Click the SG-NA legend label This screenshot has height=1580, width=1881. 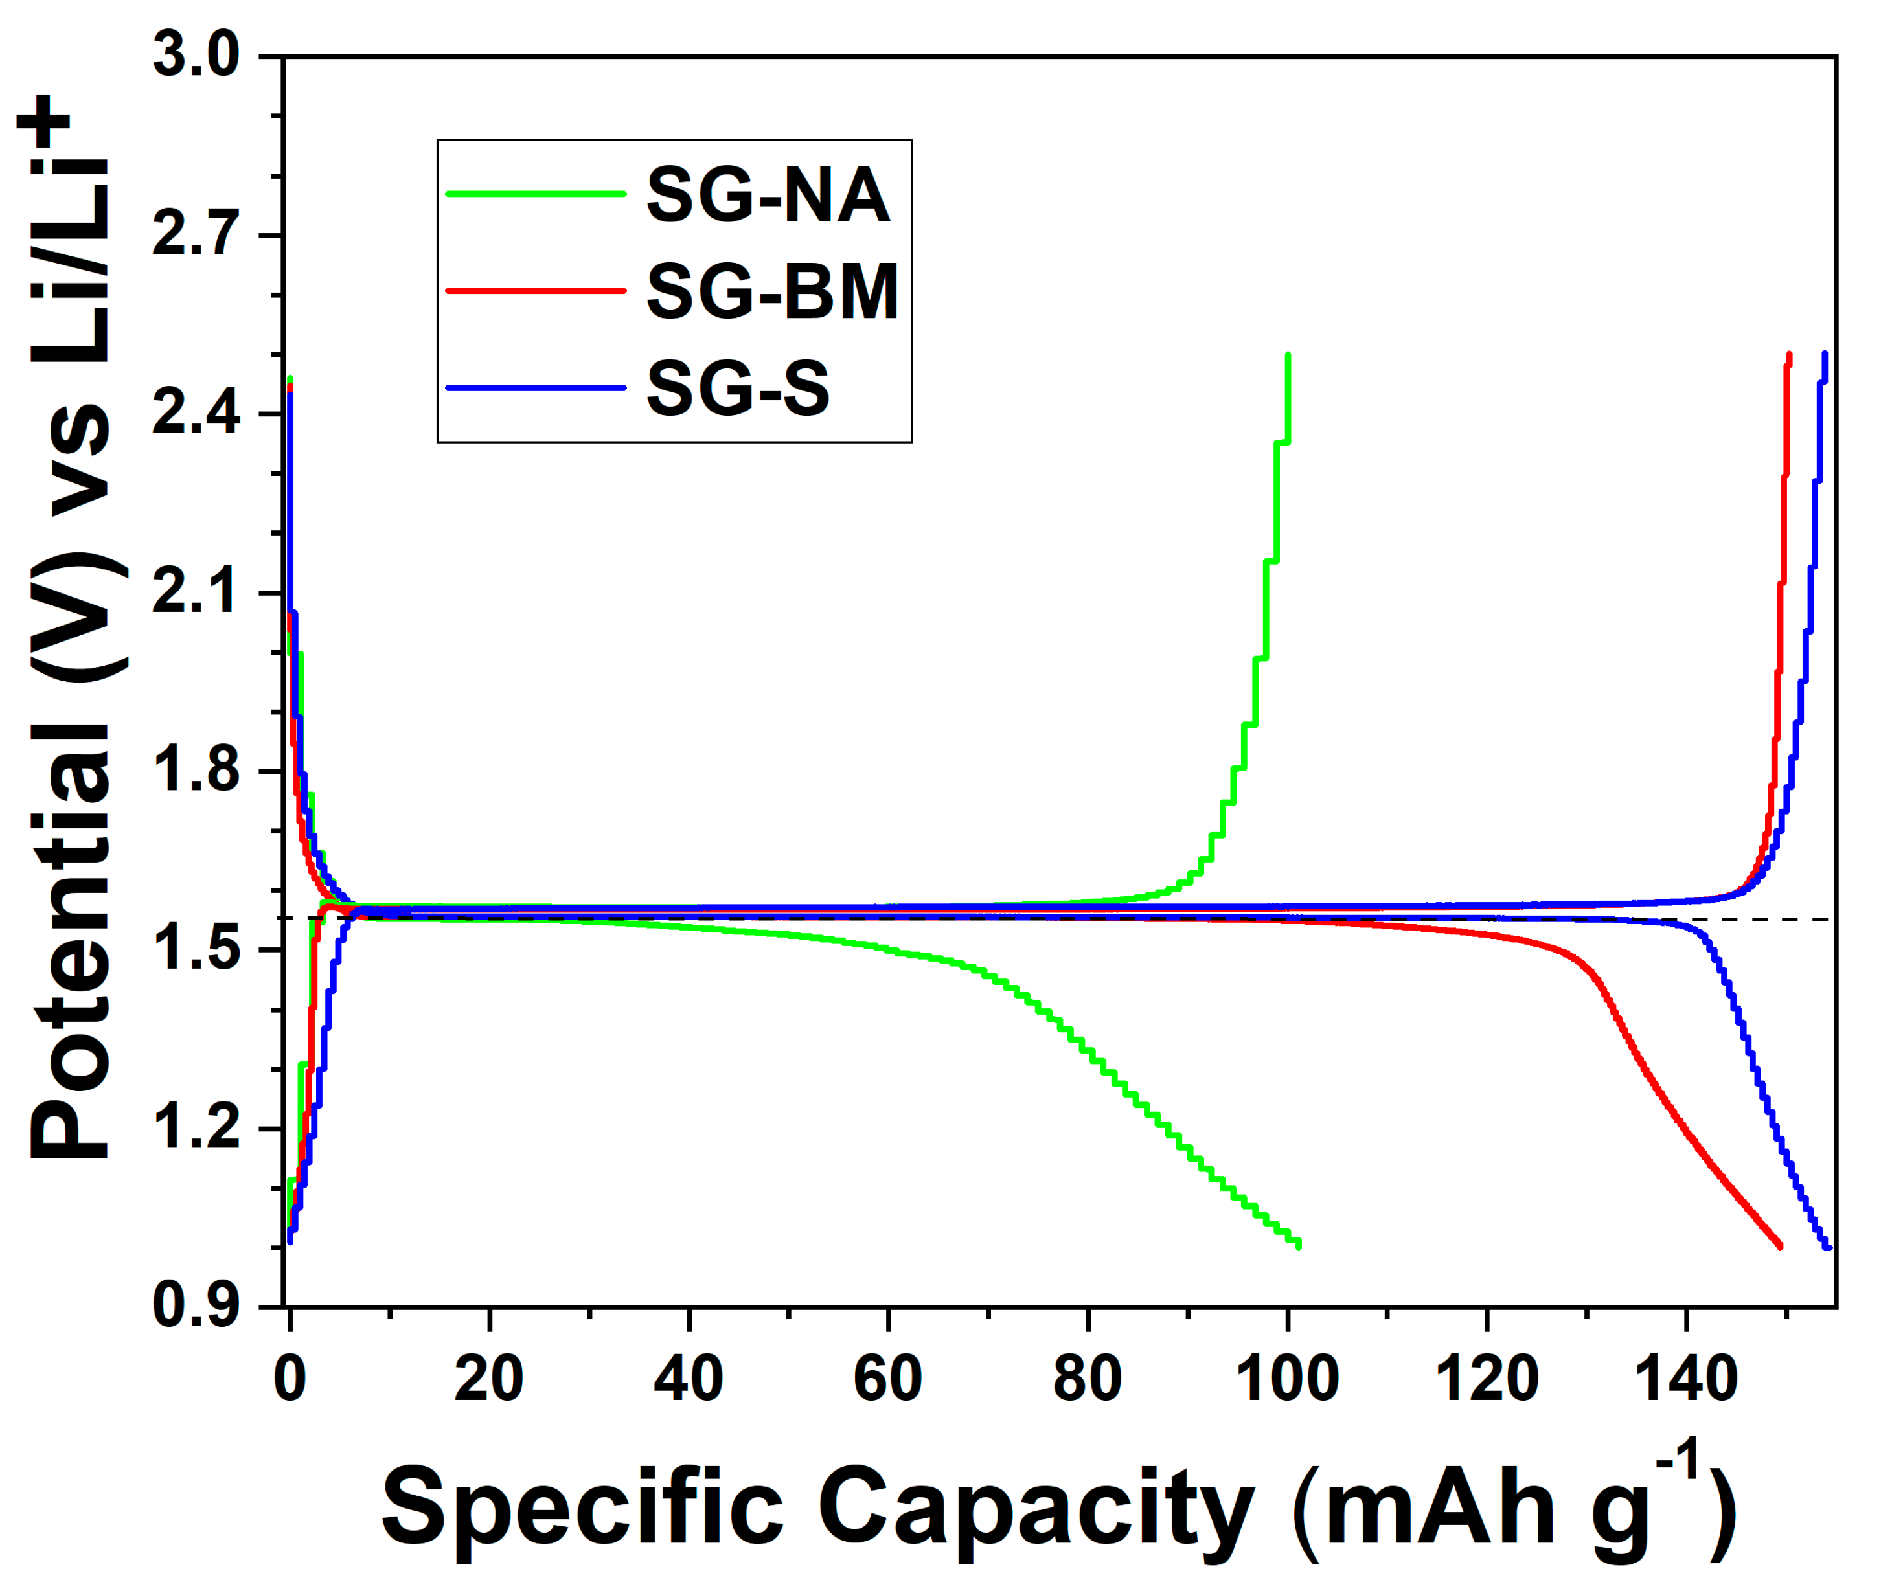(768, 196)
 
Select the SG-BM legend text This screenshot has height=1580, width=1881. (772, 292)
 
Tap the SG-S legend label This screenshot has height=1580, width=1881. (738, 388)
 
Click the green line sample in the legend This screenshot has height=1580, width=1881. (535, 194)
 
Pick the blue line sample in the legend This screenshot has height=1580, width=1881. (535, 388)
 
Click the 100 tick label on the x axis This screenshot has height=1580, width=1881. (1287, 1379)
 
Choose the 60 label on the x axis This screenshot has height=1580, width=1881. (887, 1379)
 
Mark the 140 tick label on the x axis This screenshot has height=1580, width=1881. (1686, 1379)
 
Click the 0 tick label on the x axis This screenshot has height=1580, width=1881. (290, 1379)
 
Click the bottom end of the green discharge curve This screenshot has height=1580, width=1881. (1298, 1246)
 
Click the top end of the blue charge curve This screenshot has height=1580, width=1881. (1825, 355)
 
